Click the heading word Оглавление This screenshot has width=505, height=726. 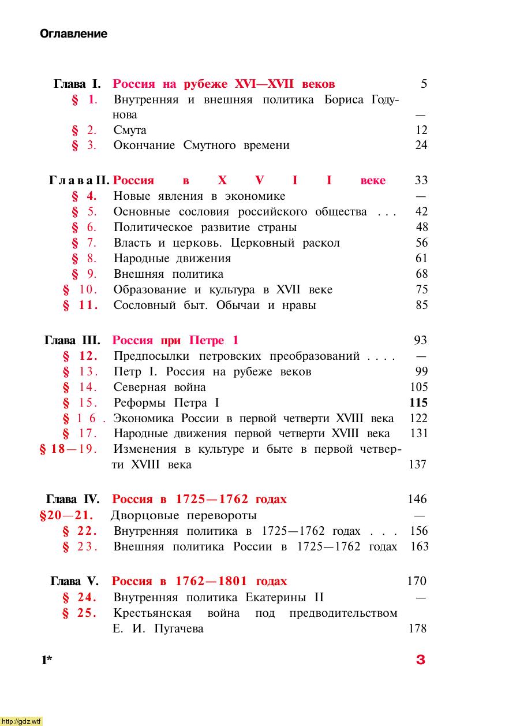[x=73, y=34]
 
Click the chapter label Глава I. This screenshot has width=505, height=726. [x=77, y=84]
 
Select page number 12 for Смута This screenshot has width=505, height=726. [x=421, y=131]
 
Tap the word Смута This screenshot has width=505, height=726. [x=130, y=131]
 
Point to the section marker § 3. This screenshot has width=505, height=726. [x=84, y=146]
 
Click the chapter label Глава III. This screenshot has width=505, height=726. [x=72, y=341]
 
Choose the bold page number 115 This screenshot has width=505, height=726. [x=418, y=403]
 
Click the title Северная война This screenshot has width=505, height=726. [x=159, y=388]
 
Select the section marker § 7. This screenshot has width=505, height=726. [x=84, y=243]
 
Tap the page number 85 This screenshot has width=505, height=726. [x=421, y=306]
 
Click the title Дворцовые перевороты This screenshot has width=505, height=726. [x=183, y=515]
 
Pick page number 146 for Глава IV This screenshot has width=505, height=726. [x=417, y=499]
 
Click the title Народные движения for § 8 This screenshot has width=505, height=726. [x=172, y=259]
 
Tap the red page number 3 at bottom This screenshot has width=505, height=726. [x=420, y=660]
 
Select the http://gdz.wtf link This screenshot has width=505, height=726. [x=21, y=721]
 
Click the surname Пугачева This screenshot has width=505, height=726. [x=179, y=629]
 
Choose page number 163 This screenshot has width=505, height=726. [x=419, y=546]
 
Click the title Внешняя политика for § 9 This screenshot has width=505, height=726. [x=168, y=274]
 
